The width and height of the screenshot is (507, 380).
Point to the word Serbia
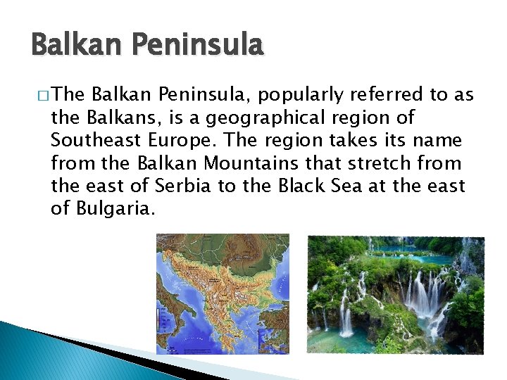(182, 186)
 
